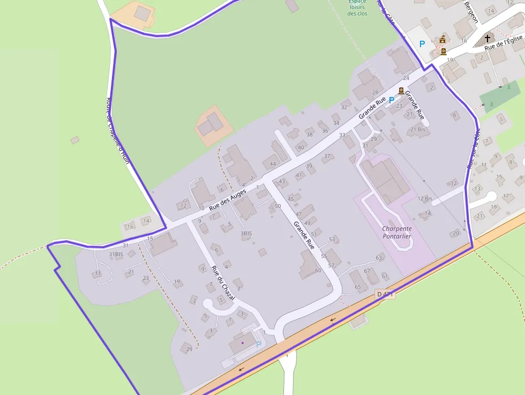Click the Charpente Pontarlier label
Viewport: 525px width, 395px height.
pos(397,232)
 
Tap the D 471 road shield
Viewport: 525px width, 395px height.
pos(385,294)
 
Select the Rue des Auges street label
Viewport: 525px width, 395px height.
pos(228,199)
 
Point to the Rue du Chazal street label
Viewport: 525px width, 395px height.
pos(222,282)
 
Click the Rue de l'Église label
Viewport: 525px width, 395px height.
pos(503,43)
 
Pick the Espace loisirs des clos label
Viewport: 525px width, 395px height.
pos(357,8)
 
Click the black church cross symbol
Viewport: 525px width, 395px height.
pos(487,38)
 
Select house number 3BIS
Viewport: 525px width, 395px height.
pos(246,234)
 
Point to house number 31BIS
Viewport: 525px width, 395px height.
pos(116,254)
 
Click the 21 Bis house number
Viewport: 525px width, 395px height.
pos(418,130)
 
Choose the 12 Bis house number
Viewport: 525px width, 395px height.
pos(425,199)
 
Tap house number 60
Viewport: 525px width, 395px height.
pos(318,271)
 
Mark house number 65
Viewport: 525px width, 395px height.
pos(358,287)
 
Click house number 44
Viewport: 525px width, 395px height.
pos(273,164)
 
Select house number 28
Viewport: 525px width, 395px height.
pos(375,93)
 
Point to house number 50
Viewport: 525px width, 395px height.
pos(277,206)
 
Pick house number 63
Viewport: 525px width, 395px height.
pos(379,258)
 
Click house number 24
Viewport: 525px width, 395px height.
pos(406,78)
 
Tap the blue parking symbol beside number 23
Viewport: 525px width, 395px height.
pos(391,100)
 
